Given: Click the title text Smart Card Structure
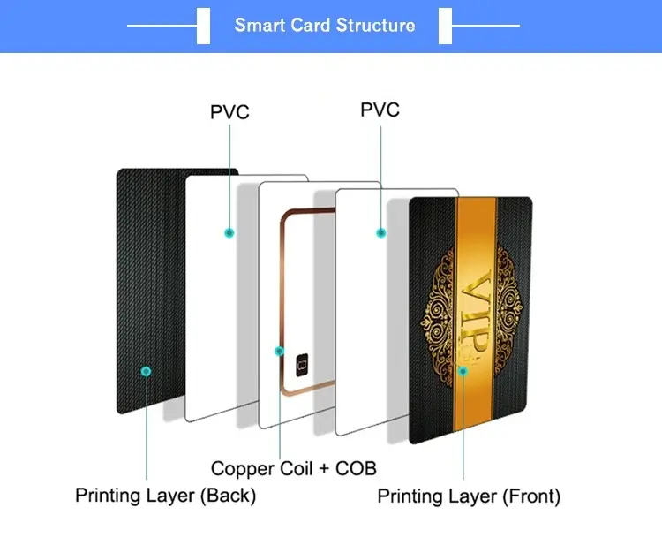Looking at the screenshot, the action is coord(325,26).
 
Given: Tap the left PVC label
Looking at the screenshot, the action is coord(229,112).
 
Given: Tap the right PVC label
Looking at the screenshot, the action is coord(380,110).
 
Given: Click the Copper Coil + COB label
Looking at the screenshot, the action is coord(293,468).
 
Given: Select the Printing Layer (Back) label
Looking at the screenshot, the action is coord(166,496).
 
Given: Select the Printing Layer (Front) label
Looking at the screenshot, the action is coord(469,496).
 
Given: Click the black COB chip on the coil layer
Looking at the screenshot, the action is coord(302,365).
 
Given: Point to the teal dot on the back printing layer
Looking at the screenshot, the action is coord(146,371).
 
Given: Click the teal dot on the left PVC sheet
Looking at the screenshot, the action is coord(229,233).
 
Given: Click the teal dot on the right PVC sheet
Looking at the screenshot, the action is coord(380,233).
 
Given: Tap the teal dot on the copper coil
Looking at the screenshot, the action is coord(279,351).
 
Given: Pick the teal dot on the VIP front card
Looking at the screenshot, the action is coord(463,371).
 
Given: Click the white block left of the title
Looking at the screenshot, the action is coord(203,26).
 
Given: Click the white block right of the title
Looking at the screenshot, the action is coord(445,26).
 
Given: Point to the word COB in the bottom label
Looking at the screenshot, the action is coord(356,468).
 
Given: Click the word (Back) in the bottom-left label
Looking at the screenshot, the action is coord(228,496).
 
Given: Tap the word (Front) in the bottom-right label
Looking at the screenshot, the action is coord(531,496).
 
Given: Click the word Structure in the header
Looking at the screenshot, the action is coord(376,26).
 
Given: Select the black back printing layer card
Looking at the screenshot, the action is coord(151,291).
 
